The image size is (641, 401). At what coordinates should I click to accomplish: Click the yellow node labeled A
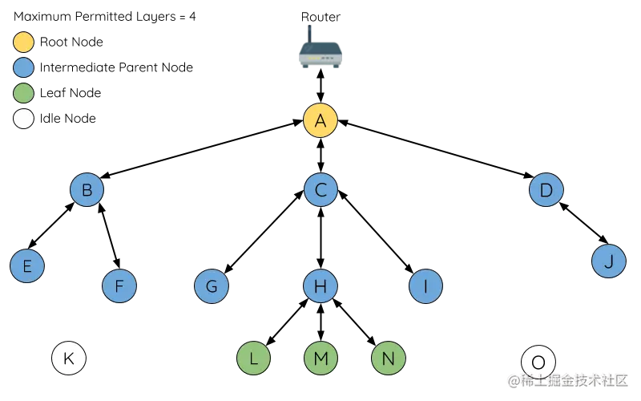coord(320,121)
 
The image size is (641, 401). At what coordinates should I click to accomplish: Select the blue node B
coord(87,191)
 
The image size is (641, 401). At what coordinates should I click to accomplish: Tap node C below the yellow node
coord(320,191)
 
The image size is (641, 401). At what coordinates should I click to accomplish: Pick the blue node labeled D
coord(546,191)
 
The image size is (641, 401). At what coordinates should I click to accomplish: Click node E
coord(27,265)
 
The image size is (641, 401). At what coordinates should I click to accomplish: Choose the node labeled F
coord(119,286)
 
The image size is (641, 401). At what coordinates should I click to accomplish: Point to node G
coord(212,286)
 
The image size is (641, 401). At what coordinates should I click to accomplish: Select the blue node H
coord(320,286)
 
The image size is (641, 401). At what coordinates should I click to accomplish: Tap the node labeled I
coord(425,286)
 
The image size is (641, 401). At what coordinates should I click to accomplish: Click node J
coord(608,261)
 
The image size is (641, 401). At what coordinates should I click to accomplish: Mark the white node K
coord(69,358)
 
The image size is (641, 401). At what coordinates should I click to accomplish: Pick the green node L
coord(254,358)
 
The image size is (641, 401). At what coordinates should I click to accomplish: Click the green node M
coord(320,358)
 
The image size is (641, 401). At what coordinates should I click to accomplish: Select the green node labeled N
coord(388,358)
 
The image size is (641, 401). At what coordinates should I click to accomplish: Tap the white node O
coord(538,363)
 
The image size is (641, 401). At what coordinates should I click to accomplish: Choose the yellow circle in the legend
coord(24,42)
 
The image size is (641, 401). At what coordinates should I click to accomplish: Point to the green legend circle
coord(24,93)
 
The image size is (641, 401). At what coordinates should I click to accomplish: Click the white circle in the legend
coord(24,119)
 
